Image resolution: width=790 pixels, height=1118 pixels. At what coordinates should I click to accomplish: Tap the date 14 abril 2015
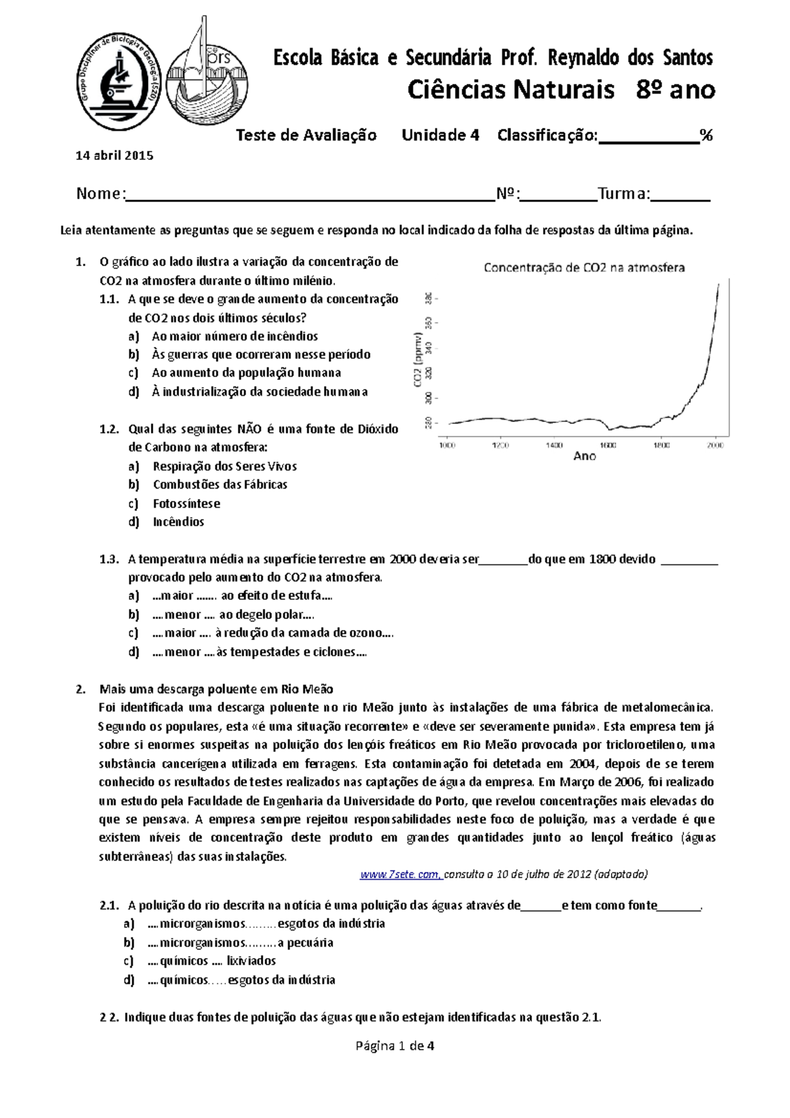pyautogui.click(x=115, y=156)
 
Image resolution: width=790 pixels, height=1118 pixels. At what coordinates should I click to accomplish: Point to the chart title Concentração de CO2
pyautogui.click(x=584, y=268)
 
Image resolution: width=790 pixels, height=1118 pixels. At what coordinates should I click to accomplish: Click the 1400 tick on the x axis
pyautogui.click(x=554, y=446)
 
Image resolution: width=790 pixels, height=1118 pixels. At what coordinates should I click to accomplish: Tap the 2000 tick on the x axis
pyautogui.click(x=715, y=446)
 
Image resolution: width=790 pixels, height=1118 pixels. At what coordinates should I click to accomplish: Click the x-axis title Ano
pyautogui.click(x=585, y=456)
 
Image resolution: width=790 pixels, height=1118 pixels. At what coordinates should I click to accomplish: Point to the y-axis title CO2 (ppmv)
pyautogui.click(x=418, y=359)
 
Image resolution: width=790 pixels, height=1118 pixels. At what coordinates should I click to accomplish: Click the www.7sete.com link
pyautogui.click(x=400, y=874)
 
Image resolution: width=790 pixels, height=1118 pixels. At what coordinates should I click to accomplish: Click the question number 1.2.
pyautogui.click(x=109, y=429)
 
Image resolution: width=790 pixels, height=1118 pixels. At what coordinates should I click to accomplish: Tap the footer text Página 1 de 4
pyautogui.click(x=394, y=1046)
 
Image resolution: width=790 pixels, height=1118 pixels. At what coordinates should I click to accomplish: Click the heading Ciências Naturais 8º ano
pyautogui.click(x=561, y=90)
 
